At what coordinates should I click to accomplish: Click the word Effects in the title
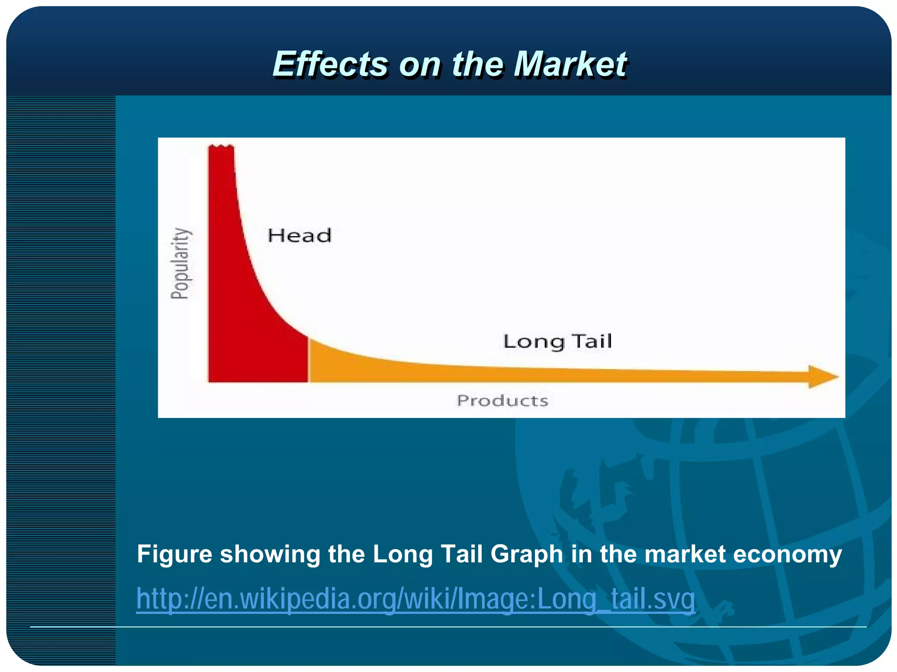pyautogui.click(x=329, y=64)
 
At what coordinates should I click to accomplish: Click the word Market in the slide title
pyautogui.click(x=570, y=64)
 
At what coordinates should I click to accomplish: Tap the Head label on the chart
pyautogui.click(x=300, y=236)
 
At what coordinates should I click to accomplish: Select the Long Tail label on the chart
pyautogui.click(x=557, y=342)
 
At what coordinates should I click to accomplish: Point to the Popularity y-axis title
pyautogui.click(x=180, y=263)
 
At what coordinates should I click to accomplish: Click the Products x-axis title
pyautogui.click(x=502, y=400)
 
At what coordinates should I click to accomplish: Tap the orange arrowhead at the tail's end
pyautogui.click(x=822, y=377)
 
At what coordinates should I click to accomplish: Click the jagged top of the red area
pyautogui.click(x=221, y=147)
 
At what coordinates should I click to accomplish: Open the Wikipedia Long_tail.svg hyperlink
pyautogui.click(x=415, y=599)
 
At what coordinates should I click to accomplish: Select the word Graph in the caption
pyautogui.click(x=526, y=554)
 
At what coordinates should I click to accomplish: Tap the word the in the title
pyautogui.click(x=477, y=64)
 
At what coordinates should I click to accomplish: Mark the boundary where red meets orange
pyautogui.click(x=308, y=359)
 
